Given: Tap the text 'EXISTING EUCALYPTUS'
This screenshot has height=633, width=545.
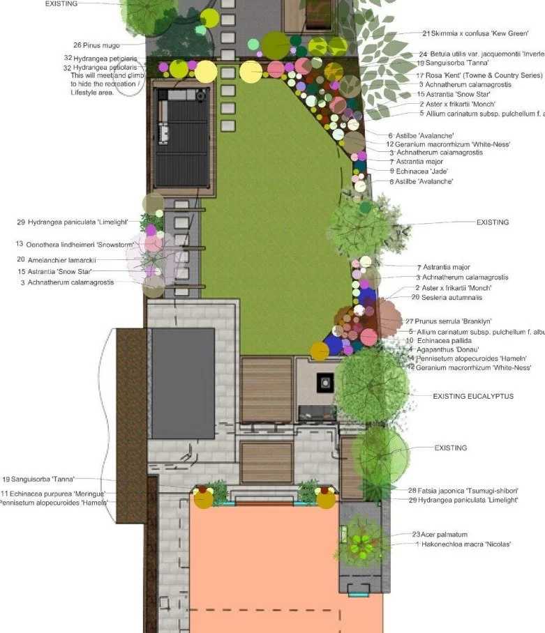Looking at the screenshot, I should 473,396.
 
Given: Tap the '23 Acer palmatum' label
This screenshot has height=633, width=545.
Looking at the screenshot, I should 440,535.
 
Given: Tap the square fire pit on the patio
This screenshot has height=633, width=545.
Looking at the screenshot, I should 325,381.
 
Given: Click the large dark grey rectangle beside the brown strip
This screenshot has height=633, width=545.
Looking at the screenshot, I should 182,383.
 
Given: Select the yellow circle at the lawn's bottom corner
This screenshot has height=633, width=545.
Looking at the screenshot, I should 320,351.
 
